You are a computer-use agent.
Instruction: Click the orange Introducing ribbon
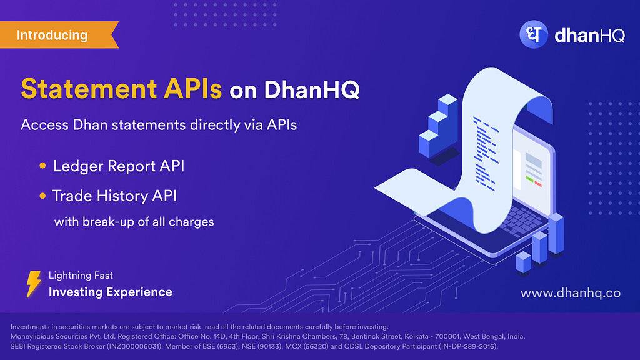(x=57, y=35)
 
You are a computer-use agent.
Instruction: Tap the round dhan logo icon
(x=534, y=35)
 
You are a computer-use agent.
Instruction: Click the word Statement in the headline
(x=89, y=89)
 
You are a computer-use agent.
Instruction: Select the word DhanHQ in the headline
(x=312, y=89)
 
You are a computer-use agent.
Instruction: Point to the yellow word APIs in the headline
(x=192, y=89)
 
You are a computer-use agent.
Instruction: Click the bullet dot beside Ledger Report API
(x=42, y=166)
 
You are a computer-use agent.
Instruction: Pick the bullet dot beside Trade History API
(x=42, y=196)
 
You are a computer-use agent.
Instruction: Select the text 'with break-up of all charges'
(x=134, y=222)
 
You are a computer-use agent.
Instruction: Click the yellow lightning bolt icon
(x=34, y=284)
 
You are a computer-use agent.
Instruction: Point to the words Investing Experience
(x=110, y=292)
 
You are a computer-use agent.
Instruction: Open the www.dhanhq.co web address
(x=570, y=292)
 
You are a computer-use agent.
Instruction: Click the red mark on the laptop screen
(x=538, y=184)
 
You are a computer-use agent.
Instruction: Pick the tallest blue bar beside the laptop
(x=556, y=234)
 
